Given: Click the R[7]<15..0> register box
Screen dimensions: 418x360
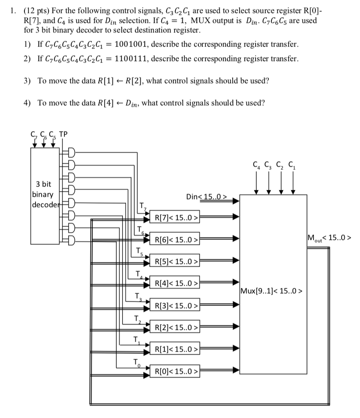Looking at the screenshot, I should (174, 217).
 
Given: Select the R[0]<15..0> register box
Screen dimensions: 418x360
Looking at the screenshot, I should (174, 371).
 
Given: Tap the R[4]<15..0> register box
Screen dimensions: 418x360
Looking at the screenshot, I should (174, 283).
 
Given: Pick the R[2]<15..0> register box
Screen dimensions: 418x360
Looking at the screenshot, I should (174, 327).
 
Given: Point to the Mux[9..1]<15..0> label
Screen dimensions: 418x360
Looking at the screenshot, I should (272, 291).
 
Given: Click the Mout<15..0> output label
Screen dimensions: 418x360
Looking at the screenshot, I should (331, 237).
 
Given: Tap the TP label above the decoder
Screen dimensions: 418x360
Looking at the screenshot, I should (64, 134).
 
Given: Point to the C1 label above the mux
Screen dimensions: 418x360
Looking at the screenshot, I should (292, 166).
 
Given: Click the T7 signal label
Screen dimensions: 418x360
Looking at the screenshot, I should (142, 206).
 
